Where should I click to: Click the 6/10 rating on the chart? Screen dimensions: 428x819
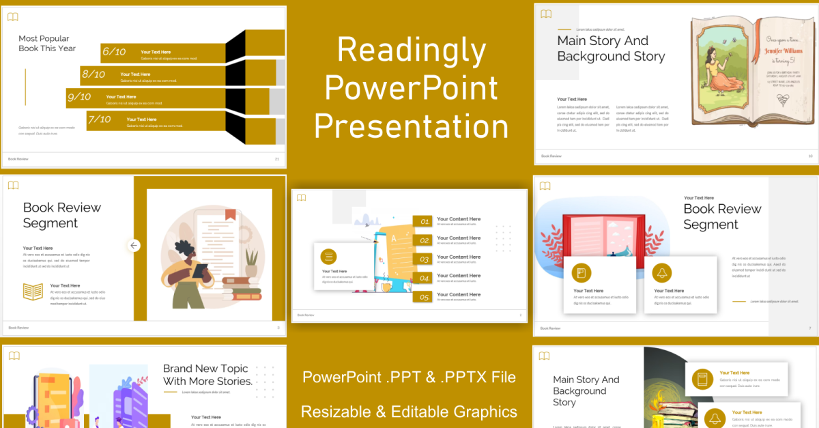tap(114, 52)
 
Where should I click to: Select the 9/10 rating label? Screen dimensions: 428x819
tap(79, 97)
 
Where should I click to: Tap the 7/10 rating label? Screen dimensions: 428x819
tap(100, 119)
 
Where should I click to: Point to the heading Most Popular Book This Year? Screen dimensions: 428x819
tap(47, 44)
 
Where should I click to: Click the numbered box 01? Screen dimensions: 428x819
tap(425, 222)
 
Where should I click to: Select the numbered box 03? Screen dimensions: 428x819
tap(425, 259)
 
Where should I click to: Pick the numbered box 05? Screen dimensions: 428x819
tap(425, 297)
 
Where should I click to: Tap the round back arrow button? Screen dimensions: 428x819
tap(134, 245)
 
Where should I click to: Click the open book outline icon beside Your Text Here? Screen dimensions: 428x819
tap(33, 292)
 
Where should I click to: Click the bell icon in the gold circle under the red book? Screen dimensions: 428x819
tap(661, 274)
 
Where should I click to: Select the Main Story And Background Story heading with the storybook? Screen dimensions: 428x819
tap(611, 48)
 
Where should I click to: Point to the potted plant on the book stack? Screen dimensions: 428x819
tap(252, 262)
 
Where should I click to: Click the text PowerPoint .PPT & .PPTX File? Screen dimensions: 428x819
tap(409, 377)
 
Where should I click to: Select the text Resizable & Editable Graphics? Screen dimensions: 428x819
tap(409, 412)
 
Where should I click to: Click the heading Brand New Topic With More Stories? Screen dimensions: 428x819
tap(207, 375)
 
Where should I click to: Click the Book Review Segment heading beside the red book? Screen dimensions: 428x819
tap(722, 216)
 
